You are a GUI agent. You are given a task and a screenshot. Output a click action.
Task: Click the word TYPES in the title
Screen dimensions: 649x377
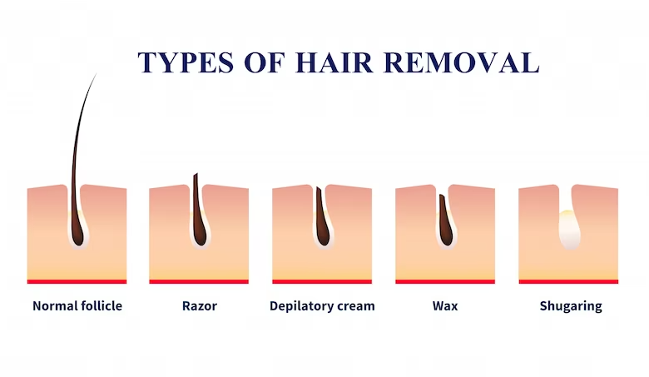[186, 63]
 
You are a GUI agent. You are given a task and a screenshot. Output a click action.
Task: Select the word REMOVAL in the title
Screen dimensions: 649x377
[462, 63]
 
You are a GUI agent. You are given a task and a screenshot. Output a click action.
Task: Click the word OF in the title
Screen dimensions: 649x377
[265, 63]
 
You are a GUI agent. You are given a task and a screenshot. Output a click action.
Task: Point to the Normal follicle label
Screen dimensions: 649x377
[77, 305]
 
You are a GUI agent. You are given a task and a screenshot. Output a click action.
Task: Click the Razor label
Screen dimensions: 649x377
[200, 306]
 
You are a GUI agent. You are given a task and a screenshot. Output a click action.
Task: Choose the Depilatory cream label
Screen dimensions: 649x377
[322, 306]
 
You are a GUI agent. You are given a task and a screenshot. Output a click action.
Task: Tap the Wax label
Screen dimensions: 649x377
[445, 305]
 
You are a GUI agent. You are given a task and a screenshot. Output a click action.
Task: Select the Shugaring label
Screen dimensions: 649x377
[571, 306]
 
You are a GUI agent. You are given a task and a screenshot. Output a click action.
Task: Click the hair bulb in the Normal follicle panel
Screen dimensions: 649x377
[77, 235]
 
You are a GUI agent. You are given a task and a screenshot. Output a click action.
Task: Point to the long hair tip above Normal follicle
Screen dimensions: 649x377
[96, 74]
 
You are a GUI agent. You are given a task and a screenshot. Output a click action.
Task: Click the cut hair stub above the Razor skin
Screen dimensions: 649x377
[196, 181]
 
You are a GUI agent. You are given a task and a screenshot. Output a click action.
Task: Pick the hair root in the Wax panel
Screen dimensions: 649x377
[445, 224]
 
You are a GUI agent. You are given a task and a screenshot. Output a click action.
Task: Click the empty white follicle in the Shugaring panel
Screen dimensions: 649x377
[569, 230]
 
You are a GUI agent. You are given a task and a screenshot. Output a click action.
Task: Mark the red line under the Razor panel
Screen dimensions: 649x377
[199, 282]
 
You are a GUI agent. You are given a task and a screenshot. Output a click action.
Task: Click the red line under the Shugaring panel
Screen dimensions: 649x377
[568, 282]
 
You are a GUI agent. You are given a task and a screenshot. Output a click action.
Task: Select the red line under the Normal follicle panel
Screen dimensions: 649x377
[77, 282]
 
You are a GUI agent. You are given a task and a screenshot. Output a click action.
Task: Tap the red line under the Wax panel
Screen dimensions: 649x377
[445, 282]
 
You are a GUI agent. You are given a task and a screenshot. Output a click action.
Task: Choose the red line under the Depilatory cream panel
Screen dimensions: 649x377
[322, 282]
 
